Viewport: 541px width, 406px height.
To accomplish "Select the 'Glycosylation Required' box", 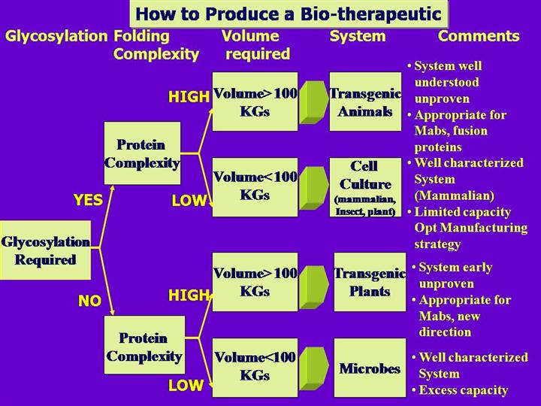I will (45, 250).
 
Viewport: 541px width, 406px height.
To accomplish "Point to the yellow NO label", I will (89, 301).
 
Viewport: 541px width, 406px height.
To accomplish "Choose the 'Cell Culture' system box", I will (365, 187).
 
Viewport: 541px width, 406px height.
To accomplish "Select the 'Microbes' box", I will (370, 368).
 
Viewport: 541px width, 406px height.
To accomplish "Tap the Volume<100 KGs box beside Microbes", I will (255, 367).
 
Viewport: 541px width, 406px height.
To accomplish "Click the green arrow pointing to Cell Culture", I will (313, 187).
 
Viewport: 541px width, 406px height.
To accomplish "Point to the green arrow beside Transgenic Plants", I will (313, 282).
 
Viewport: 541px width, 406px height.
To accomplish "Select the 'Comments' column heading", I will (479, 36).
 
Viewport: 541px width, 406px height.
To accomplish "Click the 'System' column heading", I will (358, 36).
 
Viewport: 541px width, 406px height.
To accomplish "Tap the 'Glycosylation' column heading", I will (56, 36).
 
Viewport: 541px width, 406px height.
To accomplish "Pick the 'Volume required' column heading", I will (252, 45).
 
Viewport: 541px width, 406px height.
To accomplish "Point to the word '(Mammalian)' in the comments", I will (454, 195).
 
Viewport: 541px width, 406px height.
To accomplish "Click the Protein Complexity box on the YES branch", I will (142, 153).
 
